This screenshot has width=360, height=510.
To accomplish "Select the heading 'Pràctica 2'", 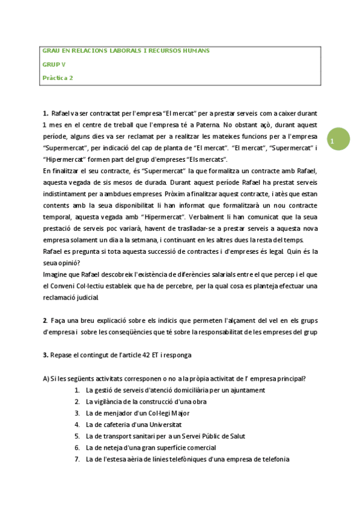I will pos(58,77).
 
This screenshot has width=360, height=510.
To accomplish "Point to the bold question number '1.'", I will pos(46,113).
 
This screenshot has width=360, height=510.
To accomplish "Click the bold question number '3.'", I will pos(46,355).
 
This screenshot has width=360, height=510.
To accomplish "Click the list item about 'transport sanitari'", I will pos(165,436).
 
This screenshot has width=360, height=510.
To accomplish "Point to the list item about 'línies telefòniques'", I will pos(188,459).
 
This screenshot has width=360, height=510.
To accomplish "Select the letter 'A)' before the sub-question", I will pos(46,378).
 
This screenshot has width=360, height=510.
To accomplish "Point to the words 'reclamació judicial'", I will pos(70,297).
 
